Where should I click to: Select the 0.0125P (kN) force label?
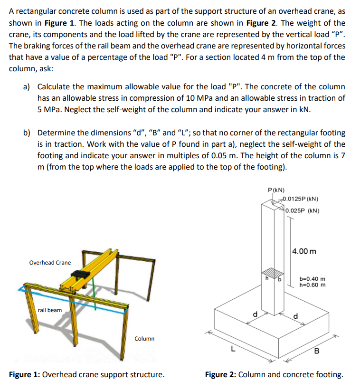301,199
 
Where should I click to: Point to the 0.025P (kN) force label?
303,210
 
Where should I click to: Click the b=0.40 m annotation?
312,279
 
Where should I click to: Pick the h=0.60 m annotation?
312,285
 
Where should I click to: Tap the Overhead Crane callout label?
50,263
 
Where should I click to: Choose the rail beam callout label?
50,310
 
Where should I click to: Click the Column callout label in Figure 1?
144,339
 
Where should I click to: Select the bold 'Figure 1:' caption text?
25,375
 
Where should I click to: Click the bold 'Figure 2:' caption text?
220,375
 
